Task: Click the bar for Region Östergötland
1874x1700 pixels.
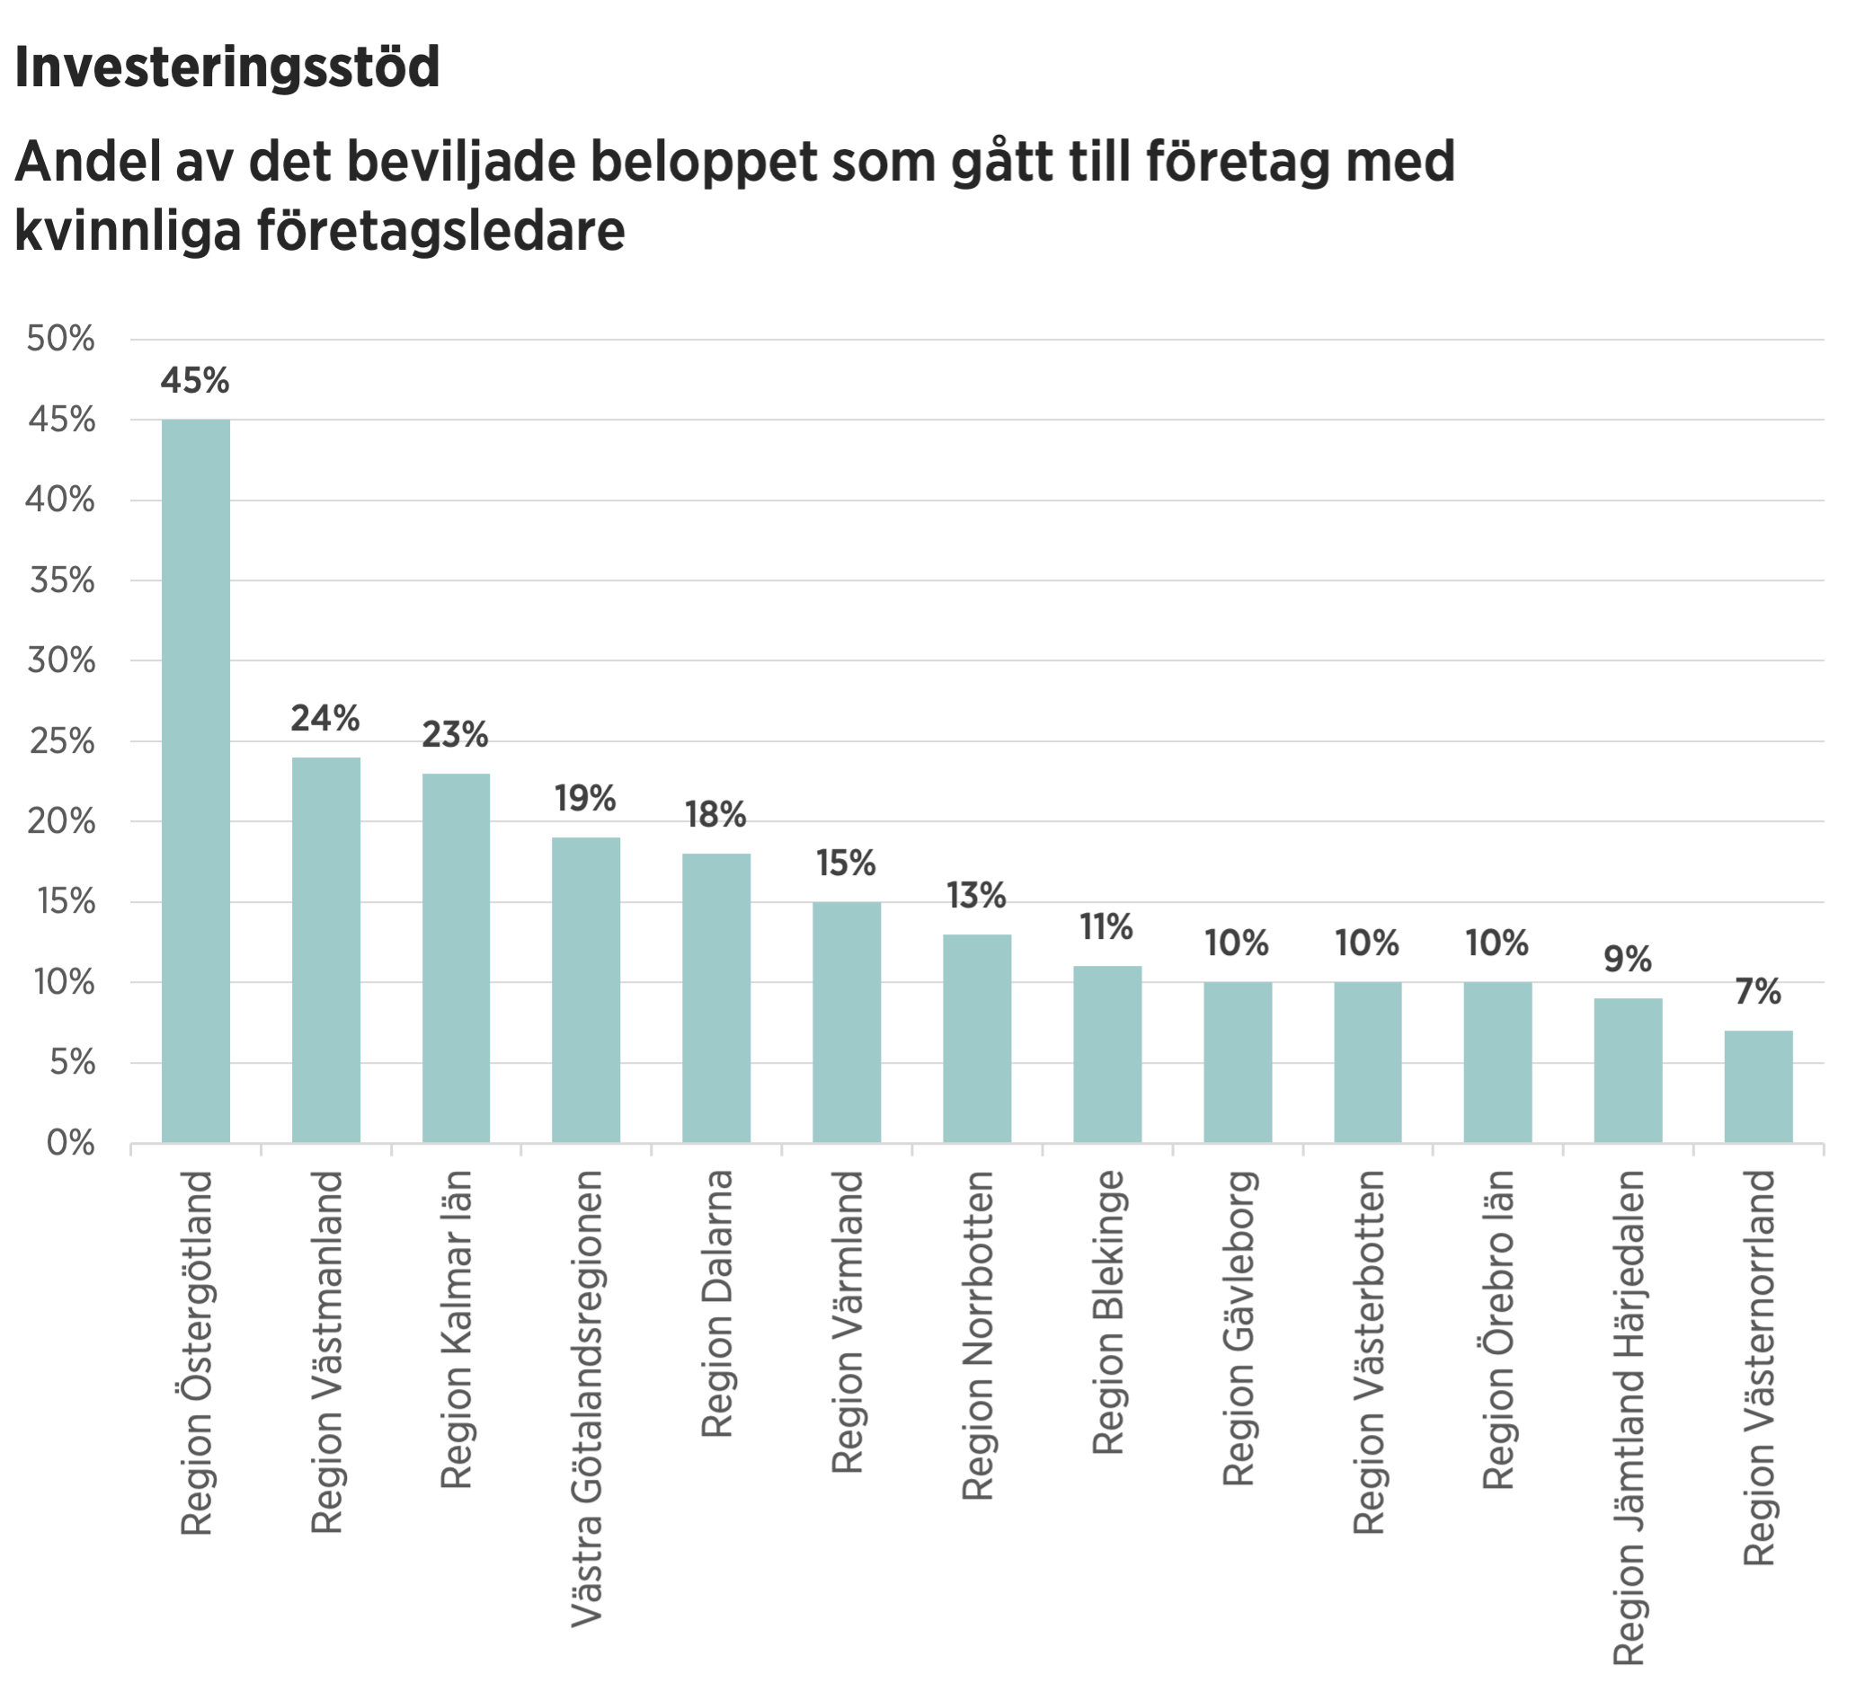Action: coord(196,781)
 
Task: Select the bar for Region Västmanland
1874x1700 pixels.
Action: coord(326,950)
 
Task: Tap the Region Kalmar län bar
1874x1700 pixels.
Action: coord(457,957)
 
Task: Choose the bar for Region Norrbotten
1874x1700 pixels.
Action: coord(977,1038)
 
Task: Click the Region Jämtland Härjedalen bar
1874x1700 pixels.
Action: coord(1628,1070)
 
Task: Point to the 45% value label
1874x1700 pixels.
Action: coord(195,381)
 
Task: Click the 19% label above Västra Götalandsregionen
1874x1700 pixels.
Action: coord(586,799)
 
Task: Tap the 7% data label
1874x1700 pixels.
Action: coord(1758,993)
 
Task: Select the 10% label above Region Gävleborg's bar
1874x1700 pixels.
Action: coord(1238,944)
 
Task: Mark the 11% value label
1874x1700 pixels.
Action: coord(1106,927)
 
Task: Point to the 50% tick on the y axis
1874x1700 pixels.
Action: coord(61,341)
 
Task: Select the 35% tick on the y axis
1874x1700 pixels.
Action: coord(61,582)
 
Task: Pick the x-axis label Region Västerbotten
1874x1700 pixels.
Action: coord(1368,1352)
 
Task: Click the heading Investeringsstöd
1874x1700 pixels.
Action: coord(227,70)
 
